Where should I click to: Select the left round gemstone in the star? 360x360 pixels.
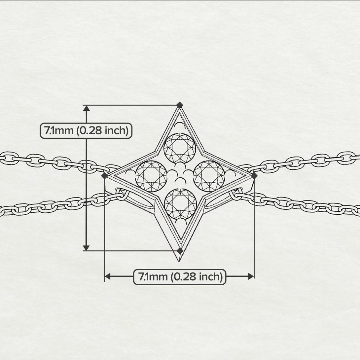coord(151,176)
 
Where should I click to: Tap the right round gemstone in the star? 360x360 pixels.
coord(209,176)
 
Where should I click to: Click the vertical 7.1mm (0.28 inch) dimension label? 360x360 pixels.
coord(86,130)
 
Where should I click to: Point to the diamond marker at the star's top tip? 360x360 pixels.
coord(180,105)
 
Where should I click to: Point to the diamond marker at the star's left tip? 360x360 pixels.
coord(104,176)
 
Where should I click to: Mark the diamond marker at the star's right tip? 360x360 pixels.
coord(254,176)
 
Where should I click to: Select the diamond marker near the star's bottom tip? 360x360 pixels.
coord(180,251)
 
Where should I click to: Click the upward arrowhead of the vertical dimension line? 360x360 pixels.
coord(86,109)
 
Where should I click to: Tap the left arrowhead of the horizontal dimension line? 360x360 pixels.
coord(108,276)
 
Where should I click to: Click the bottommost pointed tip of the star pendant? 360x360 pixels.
coord(179,261)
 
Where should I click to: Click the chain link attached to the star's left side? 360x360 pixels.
coord(121,195)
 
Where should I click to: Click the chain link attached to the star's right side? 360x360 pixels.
coord(237,195)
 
